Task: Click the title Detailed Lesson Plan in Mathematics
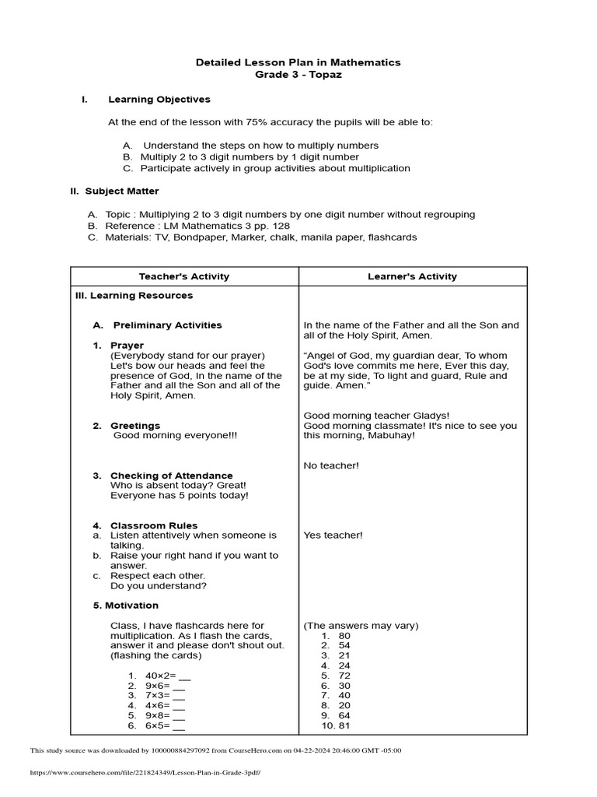tap(298, 62)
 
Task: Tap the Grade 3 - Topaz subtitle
tap(298, 74)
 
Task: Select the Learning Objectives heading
tap(159, 100)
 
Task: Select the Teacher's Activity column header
tap(184, 276)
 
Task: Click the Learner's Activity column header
tap(412, 276)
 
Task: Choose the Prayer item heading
tap(127, 346)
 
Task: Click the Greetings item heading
tap(135, 426)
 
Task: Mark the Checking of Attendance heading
tap(171, 476)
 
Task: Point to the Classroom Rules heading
tap(154, 525)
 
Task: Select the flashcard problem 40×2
tap(160, 676)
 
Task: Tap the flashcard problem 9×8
tap(158, 715)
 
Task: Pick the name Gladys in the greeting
tap(431, 416)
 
